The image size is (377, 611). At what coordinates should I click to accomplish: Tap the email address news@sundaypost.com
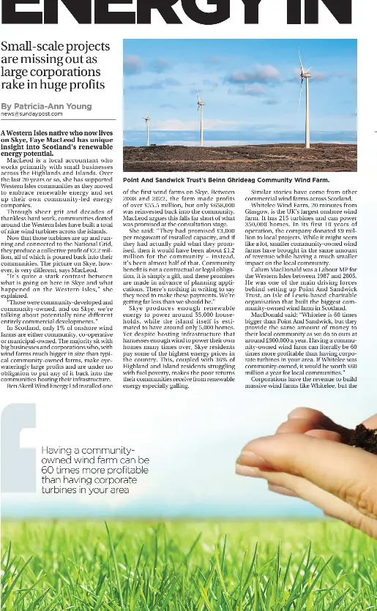point(31,114)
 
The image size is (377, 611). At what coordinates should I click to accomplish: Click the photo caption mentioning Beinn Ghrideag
point(226,179)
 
